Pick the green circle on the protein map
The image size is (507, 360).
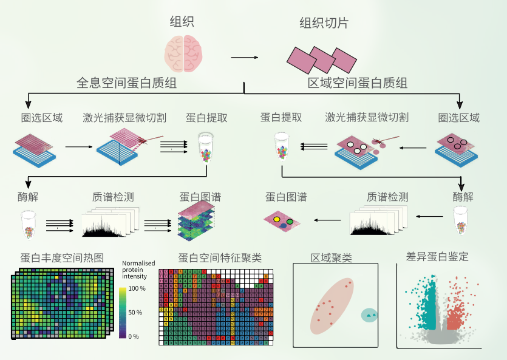(290, 222)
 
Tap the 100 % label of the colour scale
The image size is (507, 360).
(137, 289)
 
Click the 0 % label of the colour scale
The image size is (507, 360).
(134, 336)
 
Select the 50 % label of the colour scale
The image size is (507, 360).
(134, 313)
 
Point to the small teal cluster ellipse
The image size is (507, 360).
(369, 315)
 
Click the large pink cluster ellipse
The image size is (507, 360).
(332, 306)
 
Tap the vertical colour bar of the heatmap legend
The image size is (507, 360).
(123, 312)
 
